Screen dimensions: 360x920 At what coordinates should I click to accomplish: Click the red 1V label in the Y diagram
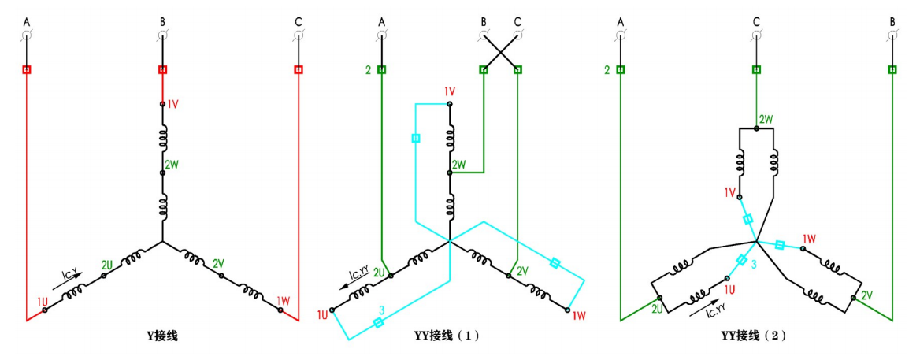(174, 104)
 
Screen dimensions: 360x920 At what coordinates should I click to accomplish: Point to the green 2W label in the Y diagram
(172, 165)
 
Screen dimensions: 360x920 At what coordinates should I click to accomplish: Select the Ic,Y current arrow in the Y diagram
(70, 275)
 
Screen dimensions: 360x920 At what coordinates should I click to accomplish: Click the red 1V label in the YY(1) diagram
(450, 91)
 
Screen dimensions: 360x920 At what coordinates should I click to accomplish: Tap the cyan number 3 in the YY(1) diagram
(381, 310)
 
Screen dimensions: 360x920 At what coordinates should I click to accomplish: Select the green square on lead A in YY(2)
(621, 69)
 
